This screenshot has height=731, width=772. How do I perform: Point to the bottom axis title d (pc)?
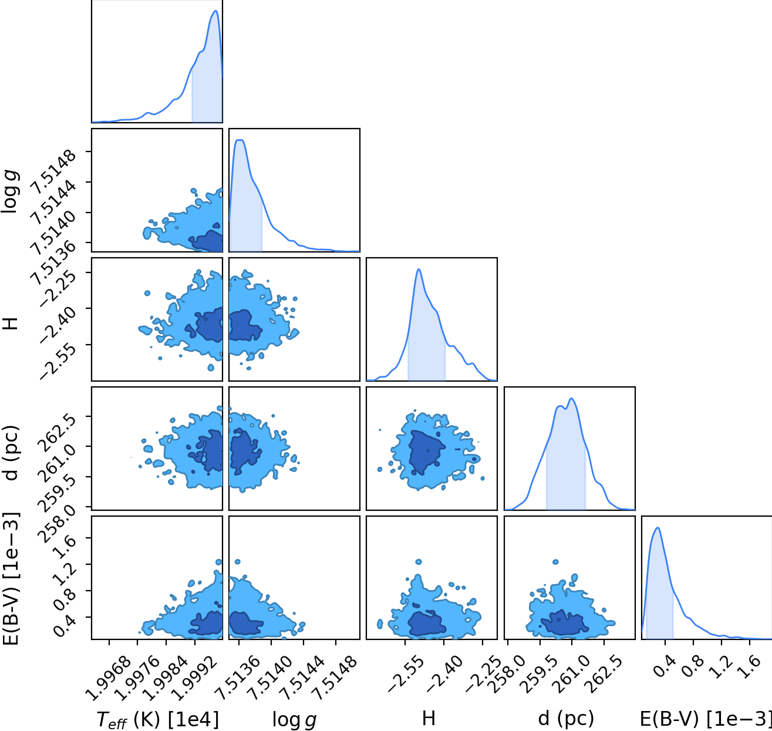click(x=566, y=719)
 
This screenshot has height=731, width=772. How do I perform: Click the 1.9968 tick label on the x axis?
click(x=108, y=678)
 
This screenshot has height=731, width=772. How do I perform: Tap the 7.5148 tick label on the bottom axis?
click(x=335, y=678)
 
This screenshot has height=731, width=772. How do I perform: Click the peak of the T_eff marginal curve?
click(x=215, y=11)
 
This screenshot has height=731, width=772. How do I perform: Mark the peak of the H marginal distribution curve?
click(x=419, y=269)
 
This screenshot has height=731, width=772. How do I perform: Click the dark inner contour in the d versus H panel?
click(x=426, y=452)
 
